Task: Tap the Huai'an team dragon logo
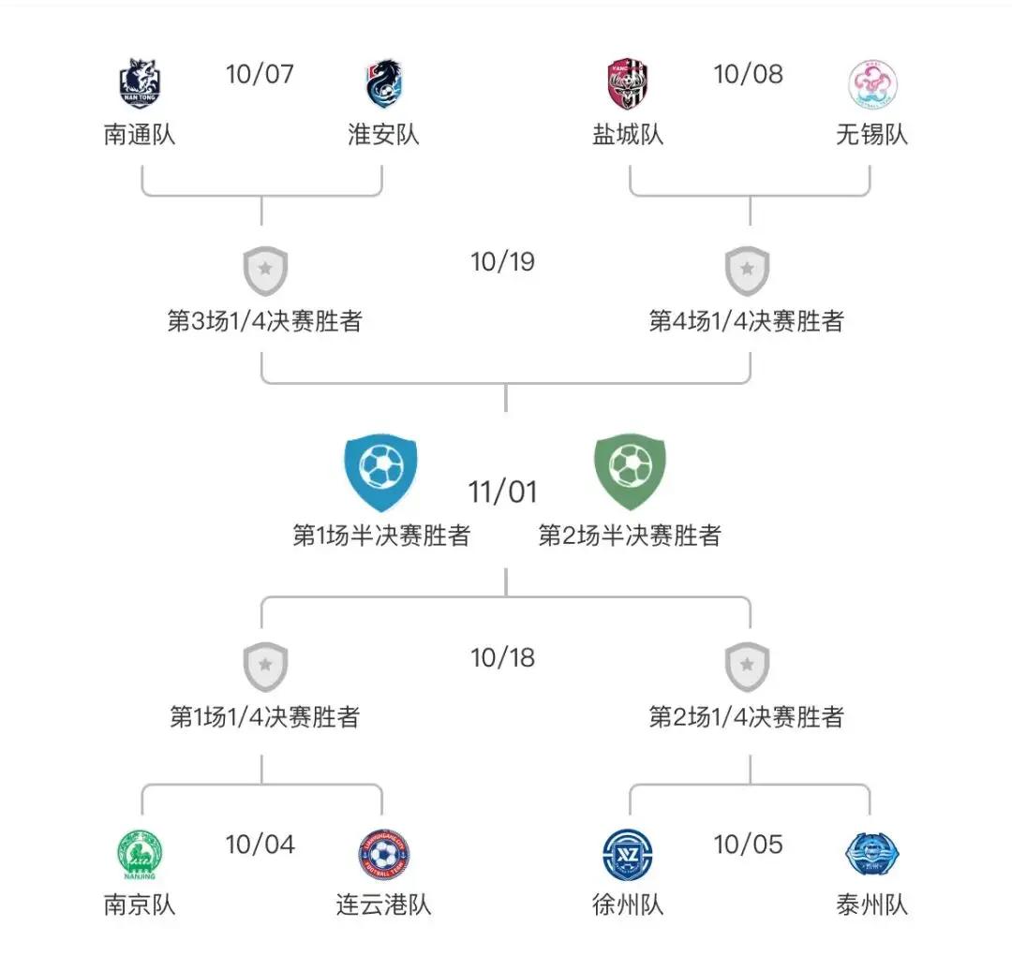[x=383, y=83]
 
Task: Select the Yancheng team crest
[x=628, y=84]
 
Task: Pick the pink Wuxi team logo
[x=871, y=84]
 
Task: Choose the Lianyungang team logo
[x=383, y=855]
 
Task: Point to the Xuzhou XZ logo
[x=628, y=855]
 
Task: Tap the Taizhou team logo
[x=871, y=855]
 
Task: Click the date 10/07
[x=260, y=74]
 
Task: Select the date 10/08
[x=748, y=74]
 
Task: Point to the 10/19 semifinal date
[x=503, y=262]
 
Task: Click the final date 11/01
[x=503, y=492]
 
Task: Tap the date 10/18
[x=503, y=658]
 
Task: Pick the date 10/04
[x=260, y=845]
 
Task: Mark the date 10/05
[x=748, y=845]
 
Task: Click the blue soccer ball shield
[x=381, y=471]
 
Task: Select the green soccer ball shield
[x=630, y=471]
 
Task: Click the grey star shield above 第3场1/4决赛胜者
[x=265, y=272]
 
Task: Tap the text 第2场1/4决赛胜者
[x=747, y=717]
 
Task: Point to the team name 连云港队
[x=383, y=904]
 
